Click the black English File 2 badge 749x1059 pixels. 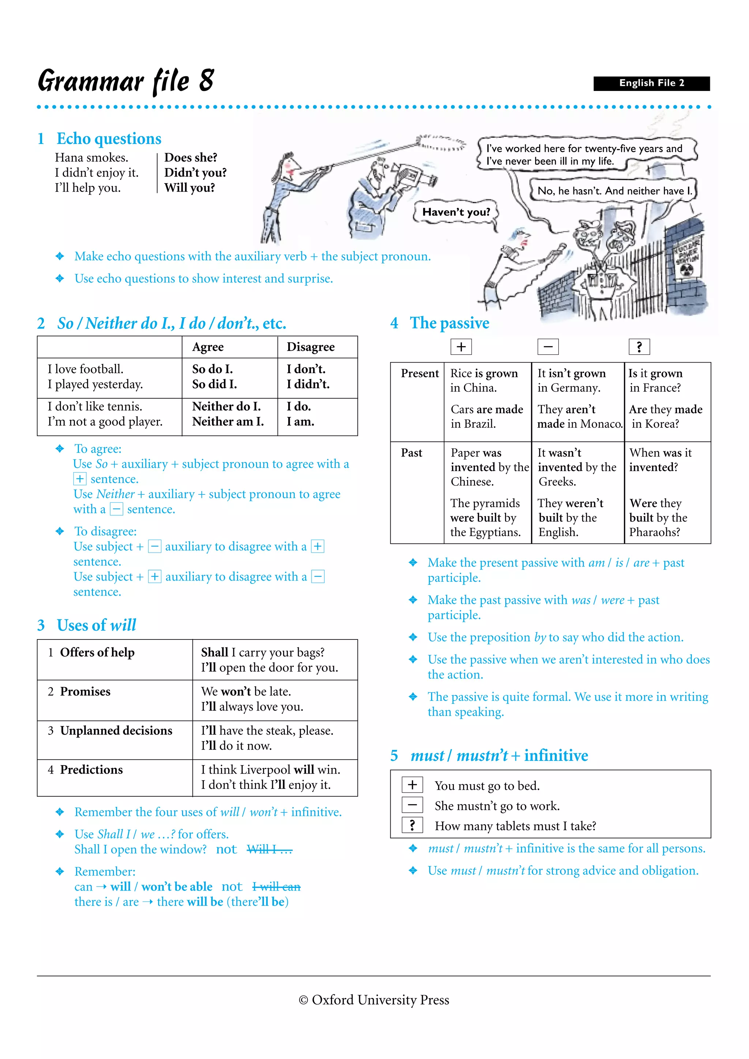click(651, 83)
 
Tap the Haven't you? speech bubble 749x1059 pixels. click(456, 212)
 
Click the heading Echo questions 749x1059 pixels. click(109, 139)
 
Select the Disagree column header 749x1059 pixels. click(310, 347)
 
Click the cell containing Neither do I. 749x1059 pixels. click(227, 406)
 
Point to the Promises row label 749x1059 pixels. click(85, 691)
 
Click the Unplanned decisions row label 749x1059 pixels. click(116, 730)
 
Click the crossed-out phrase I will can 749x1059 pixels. click(276, 887)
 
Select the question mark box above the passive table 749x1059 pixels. click(639, 347)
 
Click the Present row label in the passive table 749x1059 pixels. click(419, 373)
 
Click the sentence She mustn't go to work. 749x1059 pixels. click(497, 806)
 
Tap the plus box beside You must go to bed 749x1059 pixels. click(412, 785)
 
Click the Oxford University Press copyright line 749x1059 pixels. click(374, 1000)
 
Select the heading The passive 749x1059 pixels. click(449, 323)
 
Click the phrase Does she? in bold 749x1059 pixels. click(191, 158)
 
